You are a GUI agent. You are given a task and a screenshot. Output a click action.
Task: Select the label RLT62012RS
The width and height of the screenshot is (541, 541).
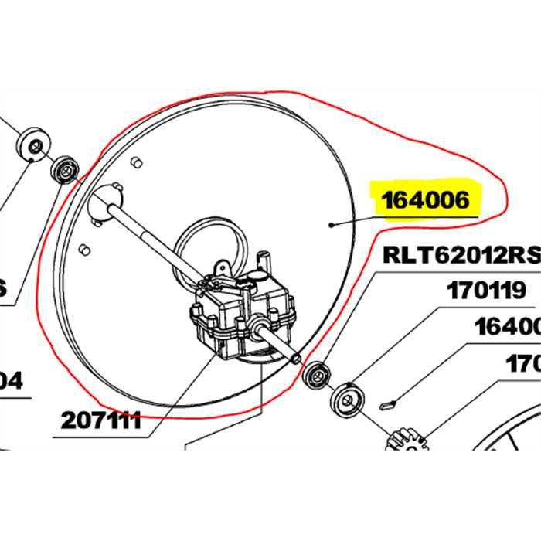click(459, 256)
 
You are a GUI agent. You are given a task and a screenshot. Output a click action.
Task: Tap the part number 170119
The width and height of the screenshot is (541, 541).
click(486, 291)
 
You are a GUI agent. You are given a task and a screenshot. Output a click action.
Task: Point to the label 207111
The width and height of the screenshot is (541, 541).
click(101, 420)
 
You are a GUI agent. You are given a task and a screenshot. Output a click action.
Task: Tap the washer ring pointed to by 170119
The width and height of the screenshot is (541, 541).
click(345, 401)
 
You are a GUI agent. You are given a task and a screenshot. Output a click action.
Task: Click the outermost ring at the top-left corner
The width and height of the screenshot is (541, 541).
click(32, 145)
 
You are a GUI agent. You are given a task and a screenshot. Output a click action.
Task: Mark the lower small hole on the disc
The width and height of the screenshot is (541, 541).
click(87, 249)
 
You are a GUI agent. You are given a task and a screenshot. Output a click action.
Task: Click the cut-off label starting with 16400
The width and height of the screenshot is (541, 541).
click(507, 328)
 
